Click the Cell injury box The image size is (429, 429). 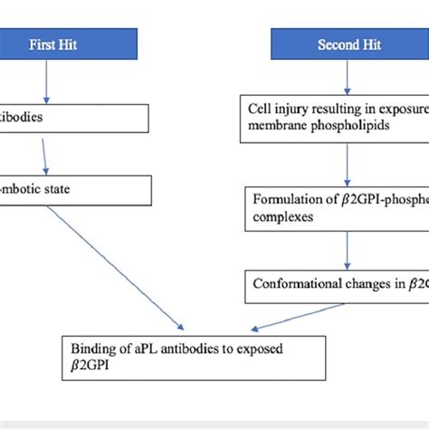point(335,119)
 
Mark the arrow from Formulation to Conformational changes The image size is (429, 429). point(348,249)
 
